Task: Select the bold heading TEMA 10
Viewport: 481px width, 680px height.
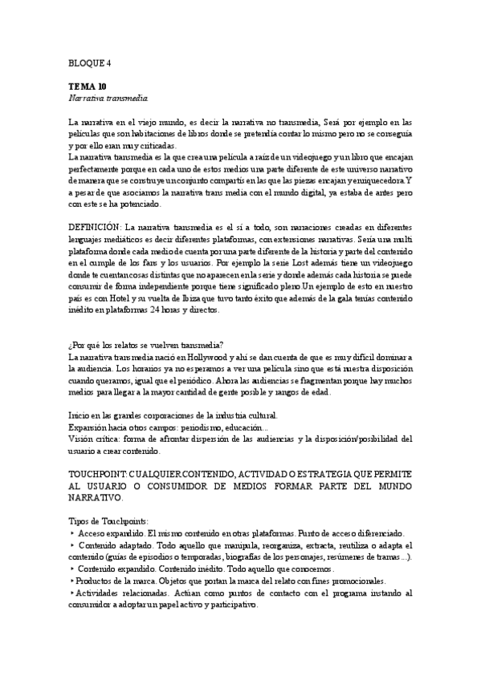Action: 88,87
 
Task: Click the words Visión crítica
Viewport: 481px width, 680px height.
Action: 94,439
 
